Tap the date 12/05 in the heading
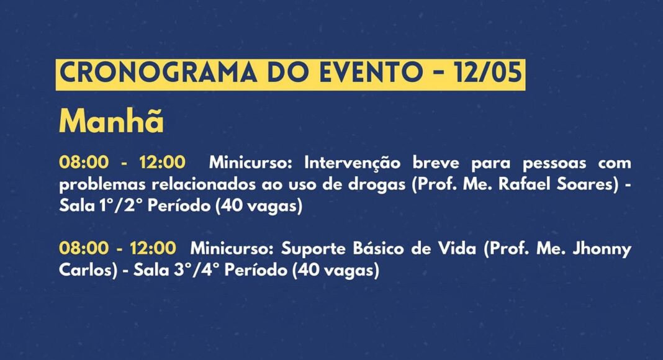pyautogui.click(x=487, y=72)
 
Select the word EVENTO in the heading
pyautogui.click(x=369, y=72)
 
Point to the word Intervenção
pyautogui.click(x=352, y=163)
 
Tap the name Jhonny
pyautogui.click(x=602, y=249)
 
